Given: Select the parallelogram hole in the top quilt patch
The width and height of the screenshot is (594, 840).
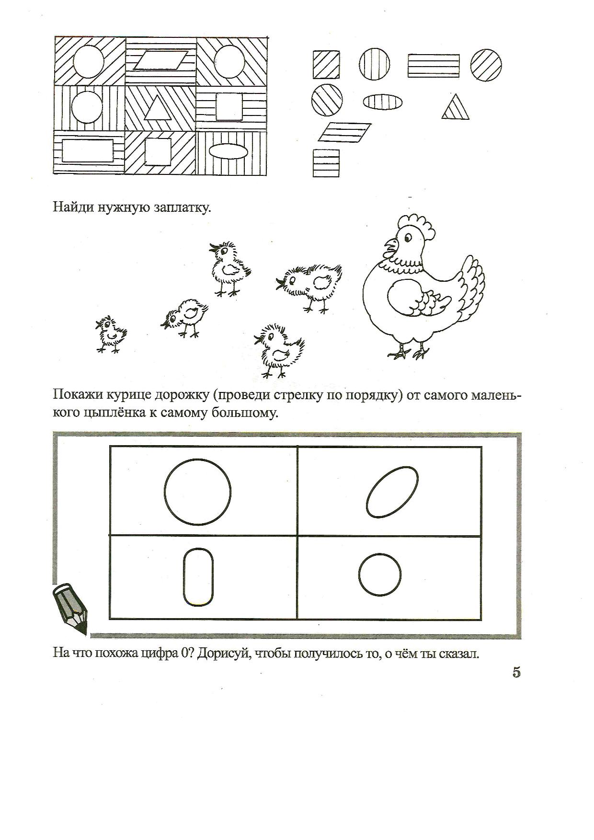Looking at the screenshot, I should (160, 61).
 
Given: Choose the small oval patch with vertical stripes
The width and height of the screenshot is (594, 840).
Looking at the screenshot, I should (383, 102).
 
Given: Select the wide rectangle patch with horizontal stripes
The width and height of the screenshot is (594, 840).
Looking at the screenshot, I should (433, 66).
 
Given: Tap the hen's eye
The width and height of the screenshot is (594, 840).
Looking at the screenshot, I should (408, 236).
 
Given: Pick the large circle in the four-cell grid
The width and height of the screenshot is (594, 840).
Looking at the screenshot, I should (197, 491).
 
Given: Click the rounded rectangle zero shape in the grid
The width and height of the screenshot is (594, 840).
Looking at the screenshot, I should (198, 577).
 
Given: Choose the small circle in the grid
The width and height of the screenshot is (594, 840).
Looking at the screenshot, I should (380, 574).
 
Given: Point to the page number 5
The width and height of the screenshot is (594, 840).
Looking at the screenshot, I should (516, 672).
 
